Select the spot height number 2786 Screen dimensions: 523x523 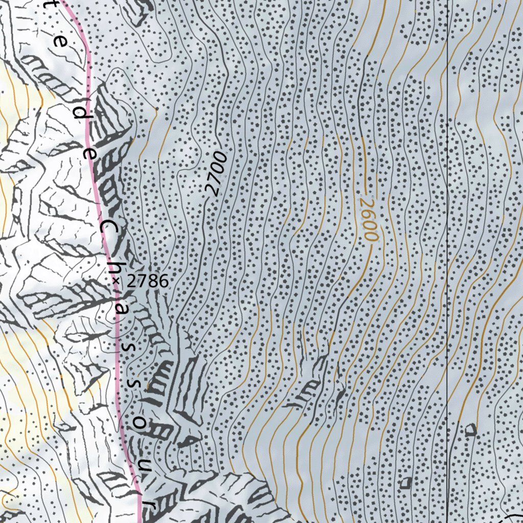pyautogui.click(x=148, y=280)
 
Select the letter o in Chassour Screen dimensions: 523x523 pyautogui.click(x=142, y=424)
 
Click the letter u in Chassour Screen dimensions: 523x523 pyautogui.click(x=146, y=466)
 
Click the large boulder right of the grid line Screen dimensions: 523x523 pyautogui.click(x=470, y=430)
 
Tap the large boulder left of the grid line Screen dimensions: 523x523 pyautogui.click(x=407, y=482)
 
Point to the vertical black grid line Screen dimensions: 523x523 pyautogui.click(x=447, y=255)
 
